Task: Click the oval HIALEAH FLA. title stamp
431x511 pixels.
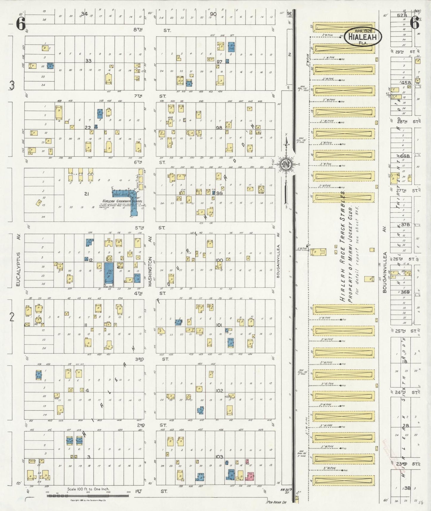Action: click(362, 37)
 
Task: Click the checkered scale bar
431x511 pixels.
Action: click(88, 495)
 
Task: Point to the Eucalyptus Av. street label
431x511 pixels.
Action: click(18, 269)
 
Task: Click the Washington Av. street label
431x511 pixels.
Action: click(150, 268)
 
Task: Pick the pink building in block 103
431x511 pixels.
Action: click(250, 476)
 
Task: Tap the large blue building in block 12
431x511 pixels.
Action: click(109, 273)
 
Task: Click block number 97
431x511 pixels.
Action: click(220, 62)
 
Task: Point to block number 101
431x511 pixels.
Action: click(219, 325)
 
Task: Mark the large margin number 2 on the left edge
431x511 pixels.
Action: click(12, 317)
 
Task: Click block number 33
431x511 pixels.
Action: click(88, 61)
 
